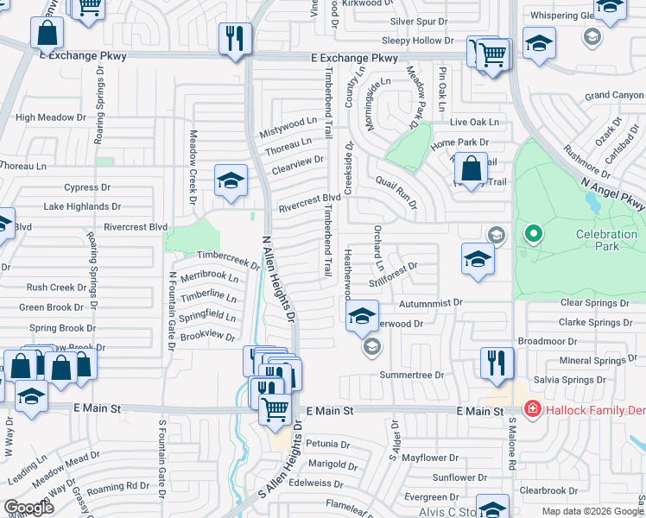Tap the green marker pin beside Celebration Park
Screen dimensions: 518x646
[x=534, y=233]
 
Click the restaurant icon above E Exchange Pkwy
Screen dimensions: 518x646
[x=234, y=39]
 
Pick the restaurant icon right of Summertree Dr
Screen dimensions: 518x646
[x=497, y=363]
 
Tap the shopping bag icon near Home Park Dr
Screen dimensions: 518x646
[x=471, y=168]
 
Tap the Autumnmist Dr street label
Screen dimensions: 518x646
[x=432, y=304]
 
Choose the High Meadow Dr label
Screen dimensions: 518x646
[x=51, y=117]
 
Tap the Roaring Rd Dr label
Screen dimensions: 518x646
[x=118, y=487]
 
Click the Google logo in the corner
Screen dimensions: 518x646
[x=28, y=509]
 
